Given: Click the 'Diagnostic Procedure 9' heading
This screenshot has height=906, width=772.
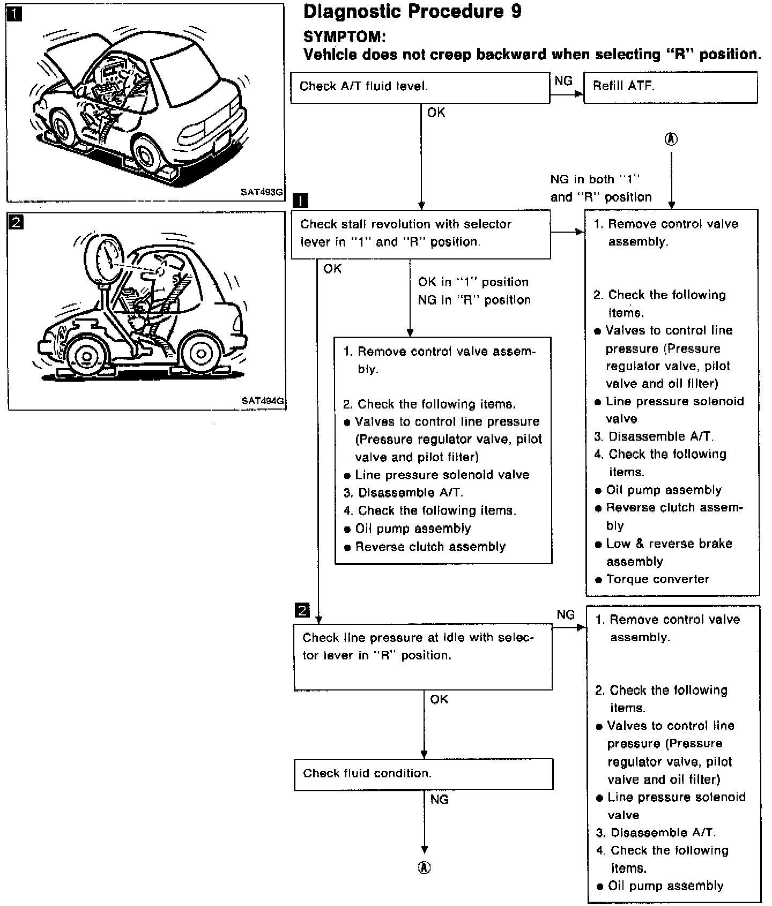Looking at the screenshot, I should tap(412, 12).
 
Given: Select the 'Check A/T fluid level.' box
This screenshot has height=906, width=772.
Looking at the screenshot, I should tap(420, 87).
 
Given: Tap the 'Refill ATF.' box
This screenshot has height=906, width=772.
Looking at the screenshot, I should tap(670, 87).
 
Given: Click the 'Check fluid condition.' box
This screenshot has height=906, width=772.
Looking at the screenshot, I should tap(423, 774).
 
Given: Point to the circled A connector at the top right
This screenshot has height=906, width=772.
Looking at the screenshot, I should tap(671, 139).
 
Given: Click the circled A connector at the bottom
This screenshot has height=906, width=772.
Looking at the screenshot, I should tap(424, 868).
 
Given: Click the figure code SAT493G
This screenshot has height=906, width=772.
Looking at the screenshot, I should tap(262, 192).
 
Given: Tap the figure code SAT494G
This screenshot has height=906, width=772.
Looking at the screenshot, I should tap(263, 400).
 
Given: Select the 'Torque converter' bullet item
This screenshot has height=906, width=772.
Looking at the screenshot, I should tap(657, 579).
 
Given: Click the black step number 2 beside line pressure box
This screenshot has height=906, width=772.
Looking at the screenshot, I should tap(302, 610).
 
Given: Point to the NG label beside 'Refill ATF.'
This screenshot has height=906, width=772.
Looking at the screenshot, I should tap(563, 81).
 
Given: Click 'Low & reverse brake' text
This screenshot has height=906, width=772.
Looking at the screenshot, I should tap(669, 544).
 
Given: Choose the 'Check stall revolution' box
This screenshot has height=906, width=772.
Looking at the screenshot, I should tap(420, 234).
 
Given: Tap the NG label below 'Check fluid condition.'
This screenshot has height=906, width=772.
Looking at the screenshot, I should tap(439, 800).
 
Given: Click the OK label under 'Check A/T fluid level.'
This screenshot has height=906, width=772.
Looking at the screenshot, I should tap(436, 113).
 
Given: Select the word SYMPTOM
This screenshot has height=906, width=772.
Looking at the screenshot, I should tap(344, 37).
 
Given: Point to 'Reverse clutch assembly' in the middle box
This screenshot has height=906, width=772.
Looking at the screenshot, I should tap(430, 547).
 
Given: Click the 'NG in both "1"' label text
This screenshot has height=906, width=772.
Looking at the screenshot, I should tap(596, 180).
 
